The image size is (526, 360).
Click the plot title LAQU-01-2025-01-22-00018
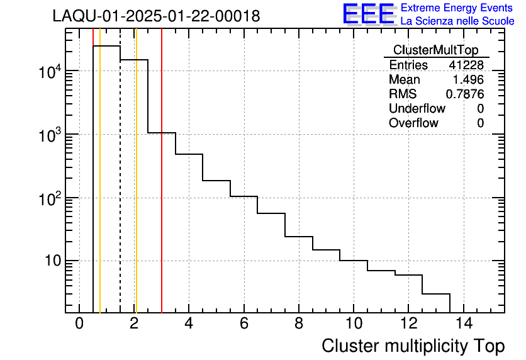156,16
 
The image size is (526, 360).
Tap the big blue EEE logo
369,14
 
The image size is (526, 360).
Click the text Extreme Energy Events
457,8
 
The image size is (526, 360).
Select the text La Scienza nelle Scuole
457,21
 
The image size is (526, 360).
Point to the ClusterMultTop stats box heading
435,50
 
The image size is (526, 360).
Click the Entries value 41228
466,65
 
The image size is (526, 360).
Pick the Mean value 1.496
469,80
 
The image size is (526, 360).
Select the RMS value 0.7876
465,94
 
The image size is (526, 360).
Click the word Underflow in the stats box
417,109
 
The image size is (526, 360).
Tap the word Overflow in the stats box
413,123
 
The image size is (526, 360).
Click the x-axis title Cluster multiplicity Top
413,346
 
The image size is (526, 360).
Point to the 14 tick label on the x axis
463,324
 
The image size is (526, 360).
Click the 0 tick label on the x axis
79,324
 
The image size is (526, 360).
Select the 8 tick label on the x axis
299,324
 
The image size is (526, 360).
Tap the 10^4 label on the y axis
50,73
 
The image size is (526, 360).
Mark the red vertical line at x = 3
162,189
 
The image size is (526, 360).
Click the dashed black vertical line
120,189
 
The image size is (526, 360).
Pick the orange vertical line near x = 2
136,189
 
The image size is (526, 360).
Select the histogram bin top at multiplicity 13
436,294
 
